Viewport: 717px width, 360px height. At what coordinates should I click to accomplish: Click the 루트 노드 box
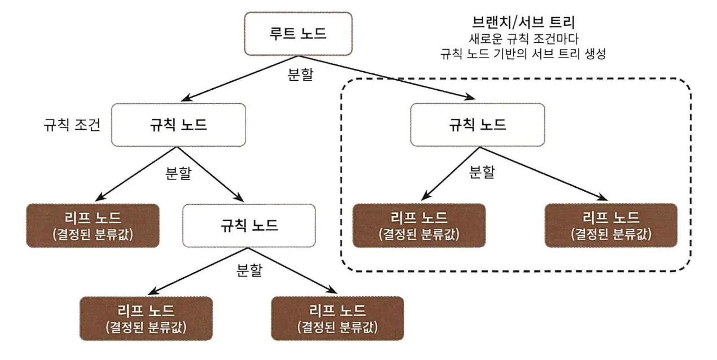click(298, 34)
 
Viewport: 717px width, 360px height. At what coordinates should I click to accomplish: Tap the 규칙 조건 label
click(72, 125)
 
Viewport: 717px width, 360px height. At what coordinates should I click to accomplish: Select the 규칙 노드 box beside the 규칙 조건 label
click(178, 125)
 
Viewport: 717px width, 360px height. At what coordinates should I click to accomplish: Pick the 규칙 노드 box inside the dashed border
click(478, 125)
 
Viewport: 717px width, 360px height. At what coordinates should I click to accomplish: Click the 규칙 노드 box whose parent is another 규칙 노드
click(249, 226)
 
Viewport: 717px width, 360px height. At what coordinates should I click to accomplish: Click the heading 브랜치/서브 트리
click(524, 22)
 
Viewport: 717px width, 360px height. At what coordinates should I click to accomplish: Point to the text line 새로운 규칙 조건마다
click(524, 39)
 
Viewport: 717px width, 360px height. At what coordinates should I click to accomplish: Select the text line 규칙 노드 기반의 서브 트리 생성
click(523, 54)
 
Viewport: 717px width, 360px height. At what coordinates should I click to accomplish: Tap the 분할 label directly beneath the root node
click(300, 74)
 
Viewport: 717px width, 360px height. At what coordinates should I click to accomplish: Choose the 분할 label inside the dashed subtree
click(482, 172)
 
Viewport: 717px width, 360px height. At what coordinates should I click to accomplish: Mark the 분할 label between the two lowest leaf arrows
click(249, 270)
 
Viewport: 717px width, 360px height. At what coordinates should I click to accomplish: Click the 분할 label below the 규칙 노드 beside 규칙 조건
click(178, 173)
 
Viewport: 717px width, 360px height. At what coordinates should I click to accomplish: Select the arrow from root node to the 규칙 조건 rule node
click(240, 78)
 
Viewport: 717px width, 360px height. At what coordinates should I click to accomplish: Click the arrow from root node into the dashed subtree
click(387, 77)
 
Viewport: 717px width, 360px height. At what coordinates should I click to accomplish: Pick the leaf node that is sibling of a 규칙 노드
click(93, 226)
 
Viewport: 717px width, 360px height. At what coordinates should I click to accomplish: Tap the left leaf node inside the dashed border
click(419, 225)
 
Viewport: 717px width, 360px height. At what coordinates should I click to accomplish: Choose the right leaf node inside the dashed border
click(611, 225)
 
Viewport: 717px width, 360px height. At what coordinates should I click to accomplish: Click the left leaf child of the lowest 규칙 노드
click(146, 318)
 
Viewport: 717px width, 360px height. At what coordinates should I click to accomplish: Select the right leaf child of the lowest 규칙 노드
click(338, 318)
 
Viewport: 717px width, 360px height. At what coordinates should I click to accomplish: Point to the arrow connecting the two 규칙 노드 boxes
click(210, 174)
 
